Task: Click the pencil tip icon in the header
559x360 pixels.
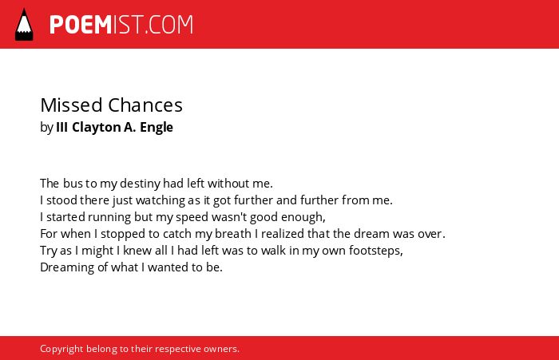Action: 24,25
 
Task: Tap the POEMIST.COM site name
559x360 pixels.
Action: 121,25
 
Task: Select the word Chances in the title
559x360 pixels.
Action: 145,105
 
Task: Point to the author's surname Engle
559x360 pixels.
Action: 157,127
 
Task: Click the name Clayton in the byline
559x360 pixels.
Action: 97,127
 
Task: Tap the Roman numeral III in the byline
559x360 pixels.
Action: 62,127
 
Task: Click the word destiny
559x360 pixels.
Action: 140,184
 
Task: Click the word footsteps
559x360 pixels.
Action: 376,251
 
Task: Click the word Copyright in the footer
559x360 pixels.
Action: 61,349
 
